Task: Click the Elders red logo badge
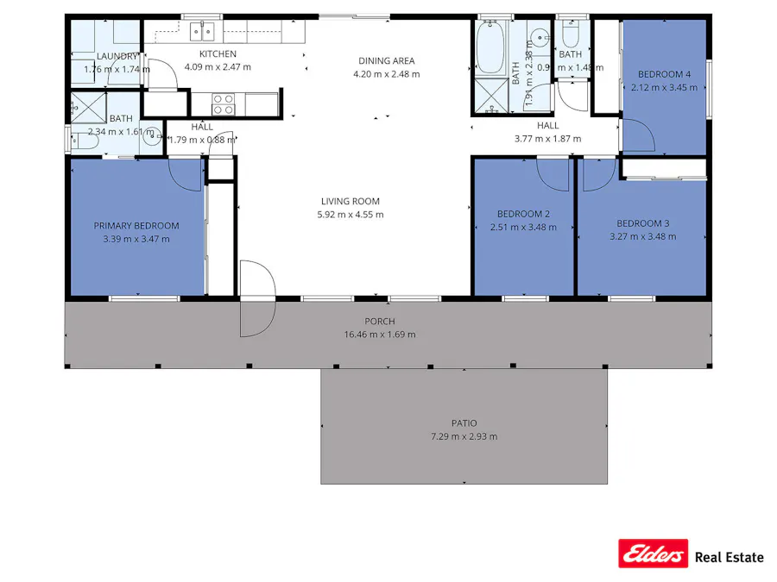click(653, 554)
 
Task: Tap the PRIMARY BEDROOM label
click(136, 226)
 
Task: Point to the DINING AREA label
click(387, 60)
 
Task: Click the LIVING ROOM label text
click(351, 202)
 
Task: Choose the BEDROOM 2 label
click(523, 214)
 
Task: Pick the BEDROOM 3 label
click(643, 222)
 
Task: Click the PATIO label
click(464, 423)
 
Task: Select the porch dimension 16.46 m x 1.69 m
click(379, 335)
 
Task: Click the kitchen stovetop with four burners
click(224, 103)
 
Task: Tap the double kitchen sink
click(203, 32)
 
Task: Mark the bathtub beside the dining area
click(490, 47)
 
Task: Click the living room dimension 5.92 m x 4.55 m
click(351, 215)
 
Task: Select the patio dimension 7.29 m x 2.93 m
click(464, 436)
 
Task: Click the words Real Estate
click(730, 557)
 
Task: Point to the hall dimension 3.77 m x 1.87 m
click(548, 139)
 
